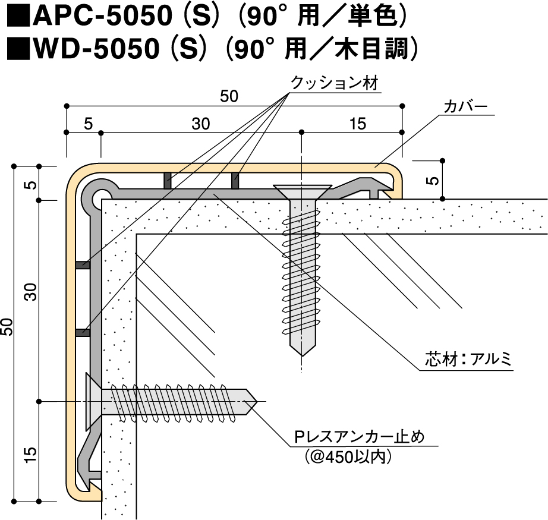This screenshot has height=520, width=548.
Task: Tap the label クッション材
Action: (334, 83)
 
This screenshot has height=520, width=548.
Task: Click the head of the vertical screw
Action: (302, 191)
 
